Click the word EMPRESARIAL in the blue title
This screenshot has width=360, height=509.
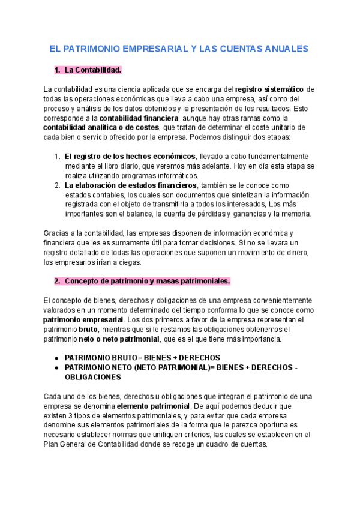[152, 48]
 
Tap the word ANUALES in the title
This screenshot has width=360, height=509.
[283, 48]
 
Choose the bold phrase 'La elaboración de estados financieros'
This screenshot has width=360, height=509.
[130, 185]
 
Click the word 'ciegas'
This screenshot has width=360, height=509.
[127, 262]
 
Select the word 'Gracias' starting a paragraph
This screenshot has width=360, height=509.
[57, 233]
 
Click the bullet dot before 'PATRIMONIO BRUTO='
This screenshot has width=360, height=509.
[56, 357]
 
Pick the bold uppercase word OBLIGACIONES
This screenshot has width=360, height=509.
[92, 377]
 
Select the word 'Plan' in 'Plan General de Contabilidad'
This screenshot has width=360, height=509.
[52, 444]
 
